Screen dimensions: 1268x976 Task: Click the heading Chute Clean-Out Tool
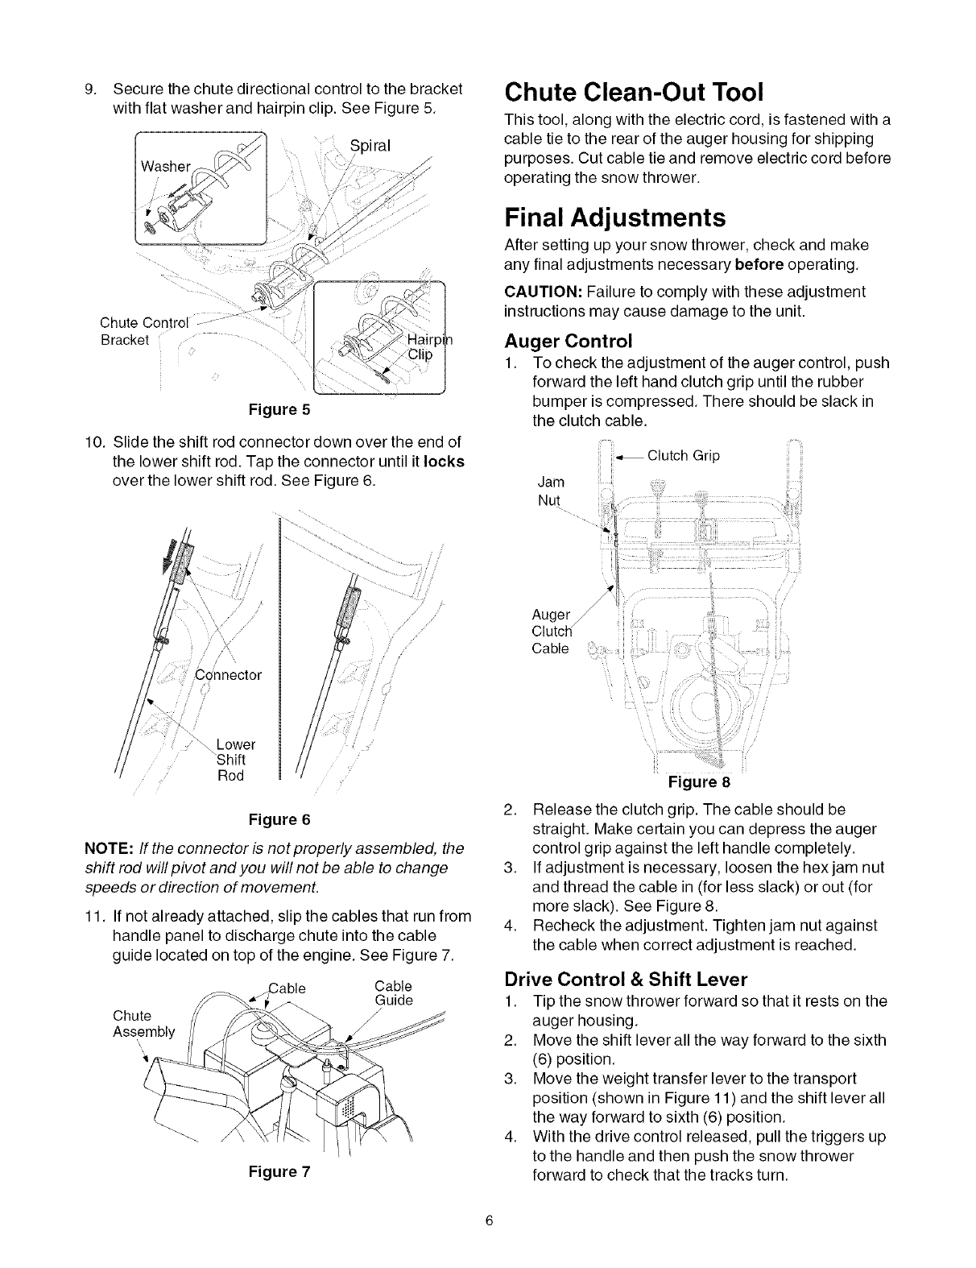pos(633,92)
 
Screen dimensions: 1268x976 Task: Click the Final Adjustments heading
pos(614,218)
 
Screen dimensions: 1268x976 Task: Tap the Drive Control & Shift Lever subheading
pos(626,979)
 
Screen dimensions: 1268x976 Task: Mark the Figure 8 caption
pos(699,782)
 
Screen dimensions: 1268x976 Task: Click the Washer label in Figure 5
pos(166,167)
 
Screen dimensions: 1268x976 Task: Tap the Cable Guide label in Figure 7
pos(394,993)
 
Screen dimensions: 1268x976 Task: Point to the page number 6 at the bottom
pos(488,1242)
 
